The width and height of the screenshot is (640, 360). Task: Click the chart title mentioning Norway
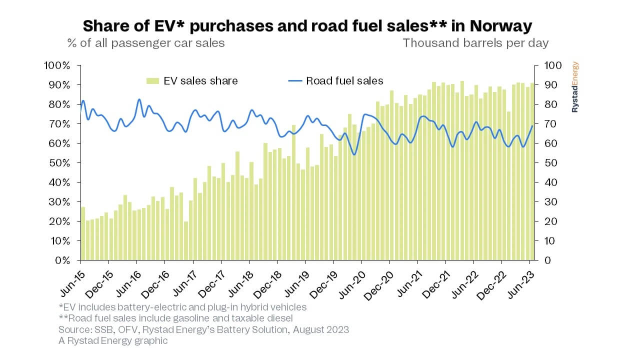307,26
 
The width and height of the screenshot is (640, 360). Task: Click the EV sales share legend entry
192,81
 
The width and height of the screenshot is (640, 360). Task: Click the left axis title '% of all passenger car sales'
146,43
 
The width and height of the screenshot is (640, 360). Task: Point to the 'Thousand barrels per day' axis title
475,43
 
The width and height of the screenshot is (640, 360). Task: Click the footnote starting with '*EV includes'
182,307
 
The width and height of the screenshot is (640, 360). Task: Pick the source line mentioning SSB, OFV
203,329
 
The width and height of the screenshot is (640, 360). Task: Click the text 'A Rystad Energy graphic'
113,340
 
